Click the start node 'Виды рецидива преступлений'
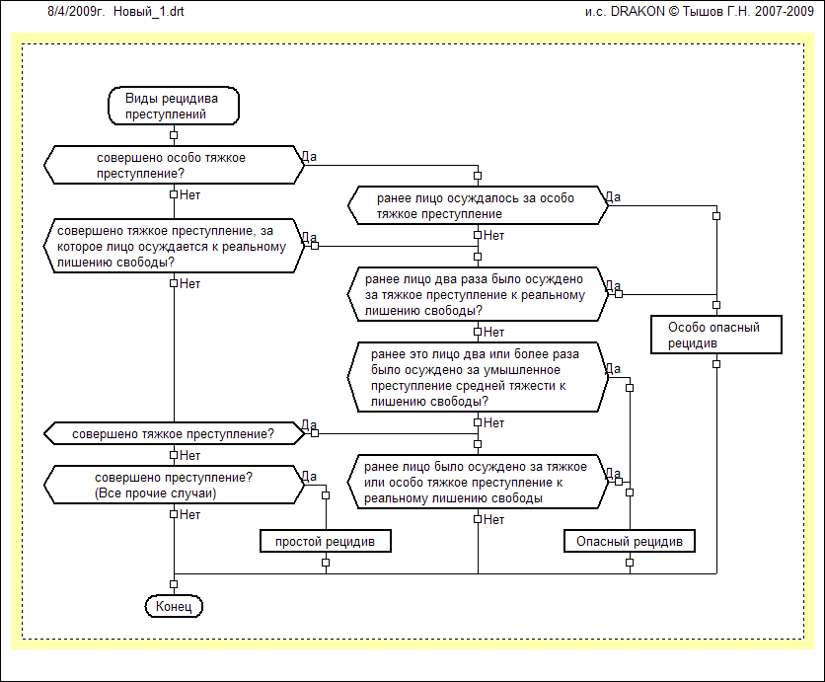pyautogui.click(x=173, y=107)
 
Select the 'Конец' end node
pyautogui.click(x=174, y=605)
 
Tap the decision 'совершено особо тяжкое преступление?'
pyautogui.click(x=173, y=165)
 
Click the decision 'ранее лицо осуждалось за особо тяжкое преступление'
pyautogui.click(x=477, y=205)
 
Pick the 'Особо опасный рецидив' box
pyautogui.click(x=715, y=335)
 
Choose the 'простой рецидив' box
pyautogui.click(x=325, y=541)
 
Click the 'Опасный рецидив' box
pyautogui.click(x=630, y=541)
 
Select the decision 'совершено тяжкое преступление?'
pyautogui.click(x=173, y=432)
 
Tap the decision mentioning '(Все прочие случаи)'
pyautogui.click(x=173, y=486)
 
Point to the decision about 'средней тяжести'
pyautogui.click(x=477, y=377)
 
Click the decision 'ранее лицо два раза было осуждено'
pyautogui.click(x=477, y=293)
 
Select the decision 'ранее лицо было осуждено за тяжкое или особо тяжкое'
pyautogui.click(x=477, y=483)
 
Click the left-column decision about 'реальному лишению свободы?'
pyautogui.click(x=173, y=245)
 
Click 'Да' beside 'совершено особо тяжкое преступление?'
pyautogui.click(x=309, y=156)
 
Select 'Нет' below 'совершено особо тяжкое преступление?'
pyautogui.click(x=190, y=195)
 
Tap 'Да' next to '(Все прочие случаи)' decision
pyautogui.click(x=309, y=476)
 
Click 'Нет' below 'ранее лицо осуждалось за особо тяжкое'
pyautogui.click(x=494, y=236)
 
